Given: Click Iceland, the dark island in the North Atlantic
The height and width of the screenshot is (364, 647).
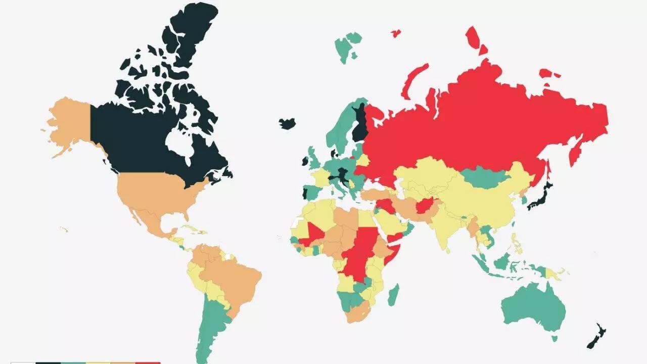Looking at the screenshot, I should point(287,124).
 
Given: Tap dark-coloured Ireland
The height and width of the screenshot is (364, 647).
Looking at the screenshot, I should point(305,161).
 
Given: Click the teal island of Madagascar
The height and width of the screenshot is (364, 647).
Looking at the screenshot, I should point(393,295).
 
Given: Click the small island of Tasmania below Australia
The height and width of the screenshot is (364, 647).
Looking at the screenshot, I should point(554,338).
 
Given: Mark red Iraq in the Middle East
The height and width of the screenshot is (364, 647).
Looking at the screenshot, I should point(387,205).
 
